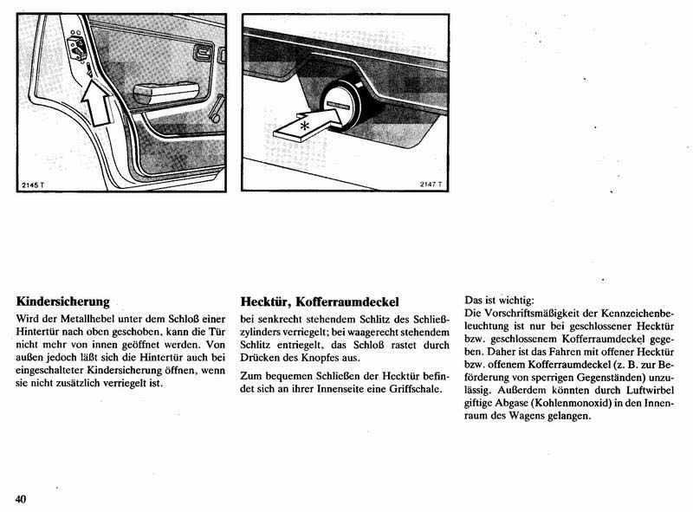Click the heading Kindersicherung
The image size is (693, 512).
(x=62, y=301)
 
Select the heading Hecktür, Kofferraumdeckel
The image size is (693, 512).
(x=320, y=301)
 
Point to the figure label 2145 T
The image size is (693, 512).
(x=32, y=186)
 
